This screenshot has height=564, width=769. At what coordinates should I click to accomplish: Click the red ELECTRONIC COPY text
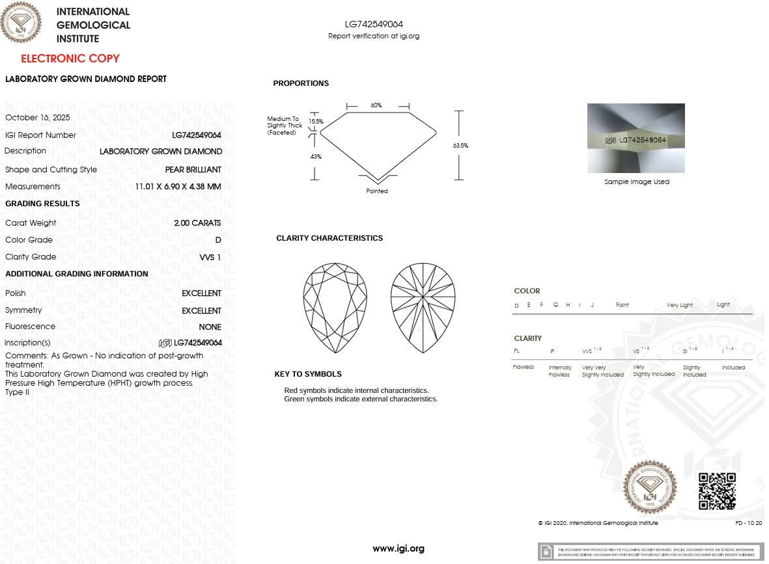click(x=70, y=59)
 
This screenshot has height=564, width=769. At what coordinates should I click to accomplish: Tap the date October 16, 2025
click(x=38, y=118)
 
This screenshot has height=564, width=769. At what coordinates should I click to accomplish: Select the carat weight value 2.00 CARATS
click(x=197, y=223)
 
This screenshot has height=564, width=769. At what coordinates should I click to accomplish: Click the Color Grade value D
click(x=218, y=240)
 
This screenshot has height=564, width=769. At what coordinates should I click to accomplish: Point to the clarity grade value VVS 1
click(x=210, y=257)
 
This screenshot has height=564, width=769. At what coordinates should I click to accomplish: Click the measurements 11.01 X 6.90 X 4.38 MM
click(x=178, y=187)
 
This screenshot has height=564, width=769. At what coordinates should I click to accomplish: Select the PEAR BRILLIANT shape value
click(x=193, y=170)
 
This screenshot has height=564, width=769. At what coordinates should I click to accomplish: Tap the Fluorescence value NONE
click(x=210, y=327)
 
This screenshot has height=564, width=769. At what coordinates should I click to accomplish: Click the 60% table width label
click(x=376, y=105)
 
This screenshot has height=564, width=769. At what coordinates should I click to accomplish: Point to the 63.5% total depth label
click(x=460, y=146)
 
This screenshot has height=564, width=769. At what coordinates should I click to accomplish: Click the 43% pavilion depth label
click(x=316, y=157)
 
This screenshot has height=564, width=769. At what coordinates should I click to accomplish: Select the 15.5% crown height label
click(x=316, y=122)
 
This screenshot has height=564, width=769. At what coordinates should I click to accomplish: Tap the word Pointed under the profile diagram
click(x=377, y=191)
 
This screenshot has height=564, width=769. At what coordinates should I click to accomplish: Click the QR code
click(x=717, y=491)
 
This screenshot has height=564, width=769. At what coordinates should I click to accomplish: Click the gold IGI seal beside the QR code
click(x=650, y=487)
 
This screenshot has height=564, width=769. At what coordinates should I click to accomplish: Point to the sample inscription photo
click(x=636, y=139)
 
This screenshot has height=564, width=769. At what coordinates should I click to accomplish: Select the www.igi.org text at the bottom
click(x=398, y=548)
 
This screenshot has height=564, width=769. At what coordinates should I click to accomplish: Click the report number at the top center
click(x=374, y=25)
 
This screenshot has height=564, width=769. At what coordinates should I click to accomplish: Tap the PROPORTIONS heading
click(x=301, y=83)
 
